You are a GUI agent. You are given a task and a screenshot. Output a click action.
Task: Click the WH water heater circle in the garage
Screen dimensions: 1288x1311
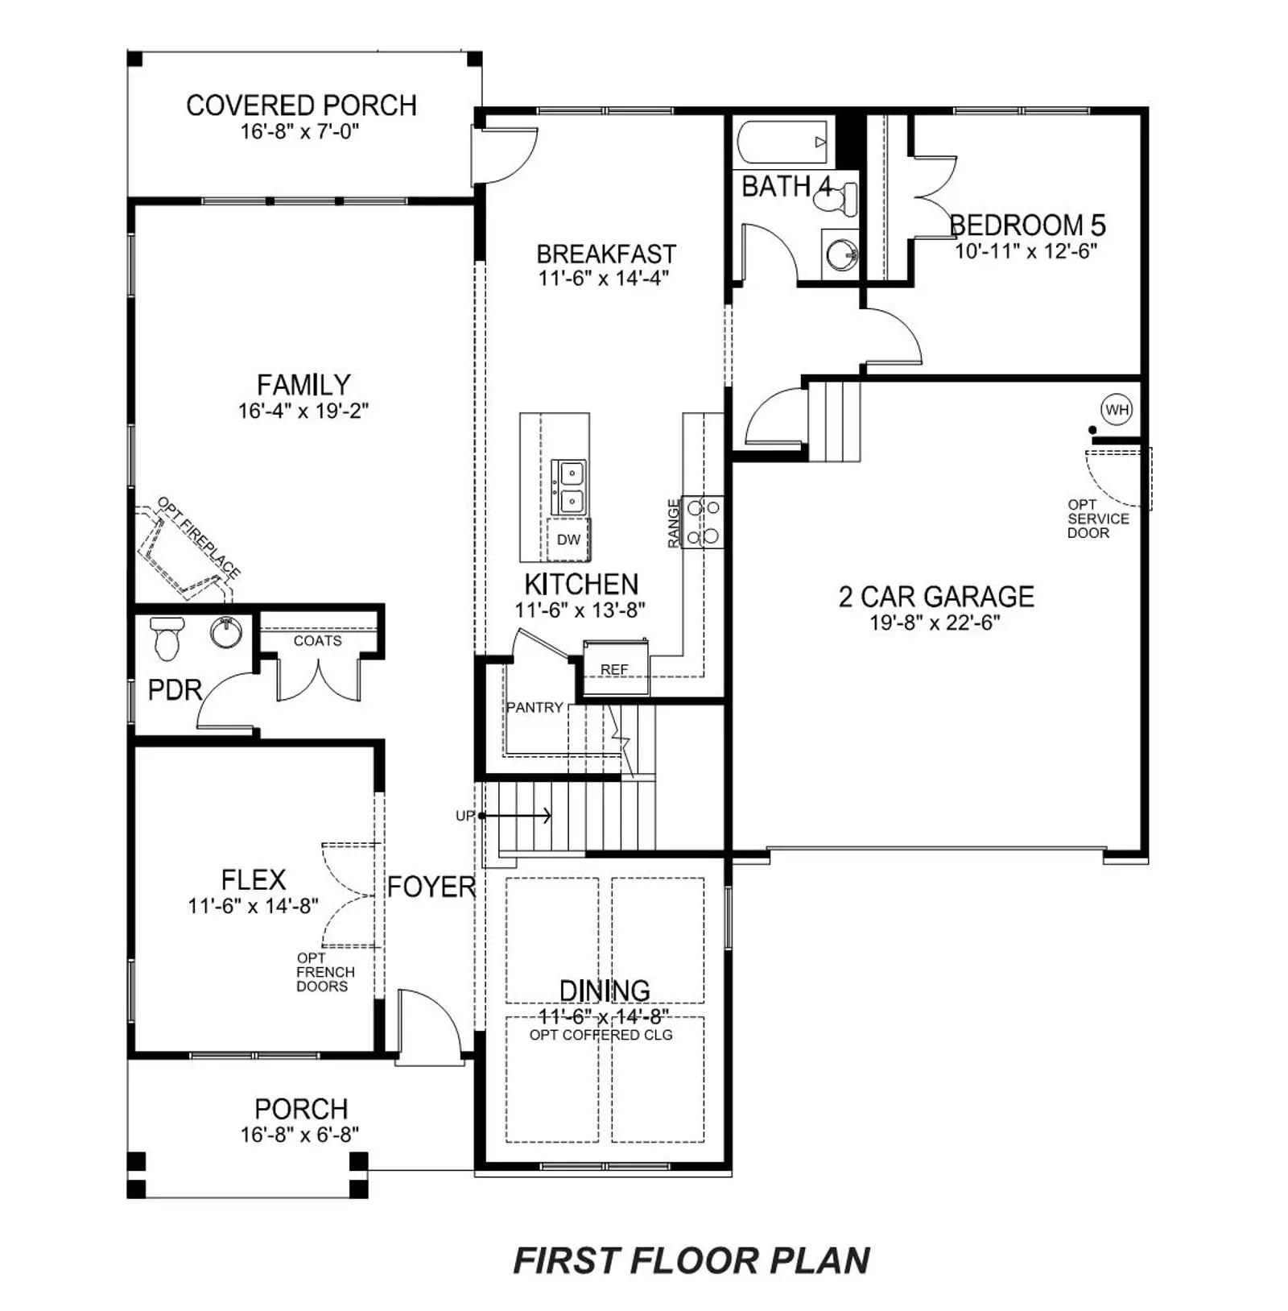point(1117,410)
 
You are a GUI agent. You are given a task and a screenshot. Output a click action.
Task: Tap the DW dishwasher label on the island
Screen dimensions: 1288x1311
point(568,540)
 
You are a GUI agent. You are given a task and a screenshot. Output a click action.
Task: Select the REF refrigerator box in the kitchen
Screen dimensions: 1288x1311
point(616,668)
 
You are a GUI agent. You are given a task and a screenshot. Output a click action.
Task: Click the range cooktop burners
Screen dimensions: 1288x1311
point(702,522)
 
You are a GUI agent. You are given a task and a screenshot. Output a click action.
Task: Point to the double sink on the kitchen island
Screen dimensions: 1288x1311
point(568,488)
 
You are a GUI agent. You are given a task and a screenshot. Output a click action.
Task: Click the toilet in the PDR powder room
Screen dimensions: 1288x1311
point(167,637)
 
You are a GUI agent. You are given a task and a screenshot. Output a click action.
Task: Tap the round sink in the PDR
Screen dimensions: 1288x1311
point(226,631)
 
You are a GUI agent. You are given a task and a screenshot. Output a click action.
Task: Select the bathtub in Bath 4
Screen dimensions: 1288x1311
point(783,143)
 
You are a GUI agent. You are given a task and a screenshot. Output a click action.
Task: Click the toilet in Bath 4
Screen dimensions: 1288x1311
point(837,197)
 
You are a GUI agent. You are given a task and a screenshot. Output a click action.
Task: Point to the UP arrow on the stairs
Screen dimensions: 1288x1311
point(516,816)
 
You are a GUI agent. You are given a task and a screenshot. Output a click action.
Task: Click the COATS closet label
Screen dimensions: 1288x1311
point(317,641)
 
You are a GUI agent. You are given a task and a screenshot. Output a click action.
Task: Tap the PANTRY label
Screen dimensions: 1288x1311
point(535,707)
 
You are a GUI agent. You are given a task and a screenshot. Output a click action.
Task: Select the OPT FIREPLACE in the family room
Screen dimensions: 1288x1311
point(188,549)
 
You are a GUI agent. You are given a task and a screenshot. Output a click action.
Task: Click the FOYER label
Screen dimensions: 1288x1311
point(431,887)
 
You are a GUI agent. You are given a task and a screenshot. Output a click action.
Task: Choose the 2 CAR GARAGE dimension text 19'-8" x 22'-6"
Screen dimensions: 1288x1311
point(935,622)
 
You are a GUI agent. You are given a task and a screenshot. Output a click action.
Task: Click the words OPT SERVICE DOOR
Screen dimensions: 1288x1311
point(1098,519)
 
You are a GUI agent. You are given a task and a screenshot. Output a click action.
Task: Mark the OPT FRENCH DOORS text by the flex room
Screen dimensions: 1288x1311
point(325,972)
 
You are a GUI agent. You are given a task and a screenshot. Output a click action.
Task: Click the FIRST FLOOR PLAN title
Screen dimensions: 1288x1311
point(691,1261)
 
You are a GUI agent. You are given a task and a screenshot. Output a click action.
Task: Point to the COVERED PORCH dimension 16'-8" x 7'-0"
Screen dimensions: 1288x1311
point(299,131)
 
